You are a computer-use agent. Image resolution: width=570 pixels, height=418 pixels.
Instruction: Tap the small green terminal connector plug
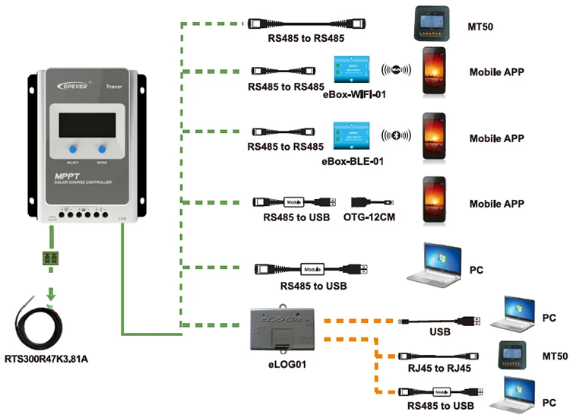coord(52,258)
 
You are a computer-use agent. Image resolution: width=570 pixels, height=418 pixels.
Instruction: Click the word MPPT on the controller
coord(64,177)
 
